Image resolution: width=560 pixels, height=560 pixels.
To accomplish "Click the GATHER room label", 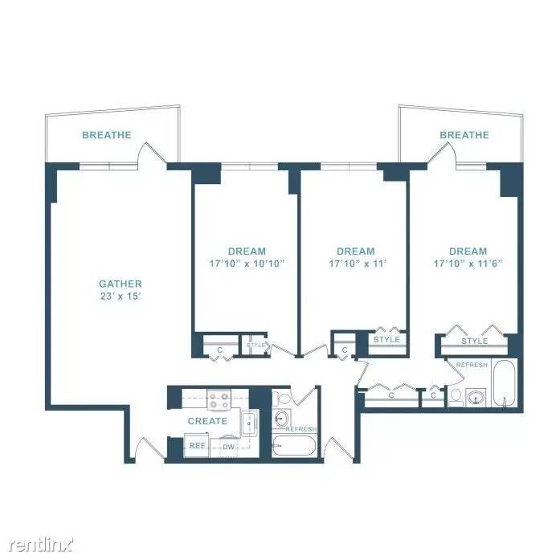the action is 121,284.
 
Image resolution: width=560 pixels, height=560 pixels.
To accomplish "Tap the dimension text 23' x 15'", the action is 121,296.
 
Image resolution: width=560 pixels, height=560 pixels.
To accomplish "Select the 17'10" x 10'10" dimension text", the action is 247,264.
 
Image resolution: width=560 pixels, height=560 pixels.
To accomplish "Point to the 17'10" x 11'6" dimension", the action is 468,264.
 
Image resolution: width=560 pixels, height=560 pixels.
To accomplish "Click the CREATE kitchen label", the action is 207,421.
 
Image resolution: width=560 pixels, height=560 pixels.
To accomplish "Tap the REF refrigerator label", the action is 197,445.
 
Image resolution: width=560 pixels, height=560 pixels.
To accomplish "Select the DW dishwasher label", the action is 228,447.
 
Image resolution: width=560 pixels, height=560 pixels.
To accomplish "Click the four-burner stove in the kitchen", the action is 219,399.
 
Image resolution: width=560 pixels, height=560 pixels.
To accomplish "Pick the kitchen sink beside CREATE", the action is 250,423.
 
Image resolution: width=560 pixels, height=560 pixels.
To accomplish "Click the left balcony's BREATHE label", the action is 107,135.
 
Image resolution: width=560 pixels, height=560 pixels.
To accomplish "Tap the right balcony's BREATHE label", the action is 464,135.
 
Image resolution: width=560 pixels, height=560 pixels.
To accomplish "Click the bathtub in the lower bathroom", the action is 293,445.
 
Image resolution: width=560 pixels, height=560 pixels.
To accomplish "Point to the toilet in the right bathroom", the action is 456,398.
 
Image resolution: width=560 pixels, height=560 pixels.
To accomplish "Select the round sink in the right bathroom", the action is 476,397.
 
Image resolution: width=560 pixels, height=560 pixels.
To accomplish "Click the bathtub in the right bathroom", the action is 504,383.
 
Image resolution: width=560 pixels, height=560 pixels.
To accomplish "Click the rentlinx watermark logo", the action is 41,545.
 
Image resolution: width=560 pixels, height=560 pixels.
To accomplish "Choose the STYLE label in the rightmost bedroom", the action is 474,341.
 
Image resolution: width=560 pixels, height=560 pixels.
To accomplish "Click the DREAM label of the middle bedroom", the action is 356,251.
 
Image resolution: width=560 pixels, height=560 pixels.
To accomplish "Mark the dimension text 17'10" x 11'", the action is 358,264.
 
